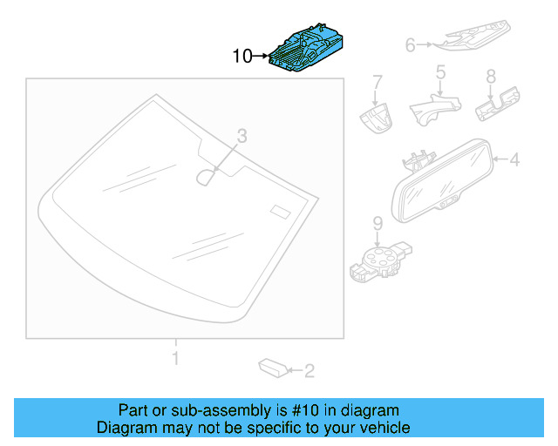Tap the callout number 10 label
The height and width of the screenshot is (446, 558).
coord(242,57)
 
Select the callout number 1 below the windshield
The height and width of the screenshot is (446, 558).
coord(175,358)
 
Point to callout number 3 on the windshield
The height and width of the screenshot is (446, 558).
coord(242,135)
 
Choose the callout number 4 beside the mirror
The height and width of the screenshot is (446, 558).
coord(514,159)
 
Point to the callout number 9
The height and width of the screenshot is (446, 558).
coord(378,224)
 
